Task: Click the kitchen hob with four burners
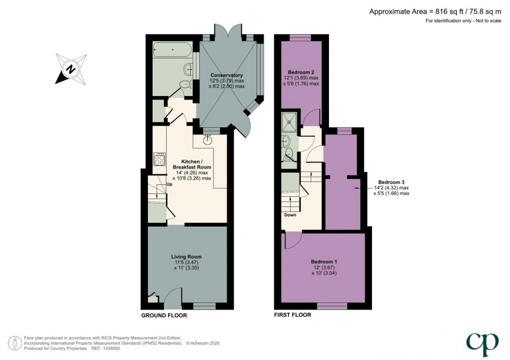click(160, 158)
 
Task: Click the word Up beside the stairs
click(170, 184)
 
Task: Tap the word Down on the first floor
click(290, 214)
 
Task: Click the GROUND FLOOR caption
click(164, 316)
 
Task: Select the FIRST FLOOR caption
click(292, 315)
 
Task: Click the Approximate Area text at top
click(436, 11)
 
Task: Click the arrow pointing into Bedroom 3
click(357, 187)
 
